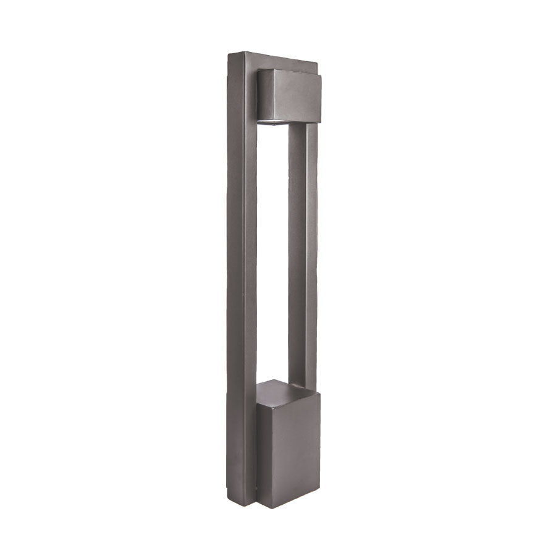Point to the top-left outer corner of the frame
point(229,54)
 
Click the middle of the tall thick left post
point(242,278)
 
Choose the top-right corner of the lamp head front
point(321,77)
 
